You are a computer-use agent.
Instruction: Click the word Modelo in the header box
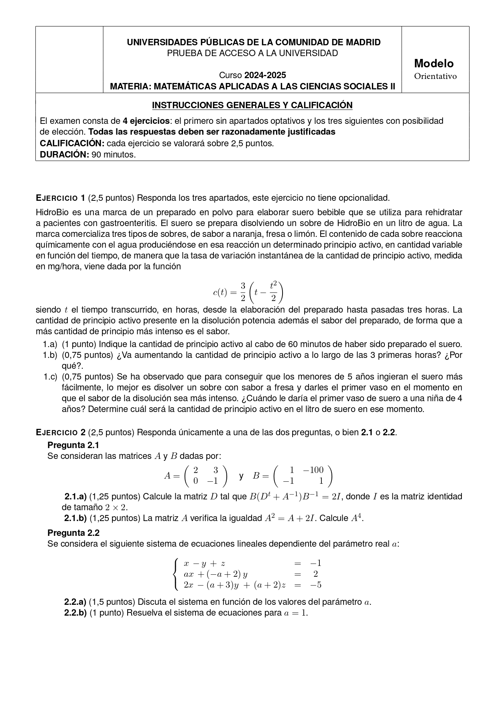(x=434, y=63)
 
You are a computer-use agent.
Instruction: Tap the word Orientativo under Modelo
(x=435, y=76)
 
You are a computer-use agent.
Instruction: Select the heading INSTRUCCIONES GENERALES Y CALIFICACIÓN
(x=252, y=105)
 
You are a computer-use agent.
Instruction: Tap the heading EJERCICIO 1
(x=61, y=198)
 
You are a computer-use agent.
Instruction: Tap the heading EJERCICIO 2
(x=61, y=432)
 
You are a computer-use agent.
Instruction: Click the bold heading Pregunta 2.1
(x=73, y=445)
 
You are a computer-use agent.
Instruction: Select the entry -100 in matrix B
(x=313, y=470)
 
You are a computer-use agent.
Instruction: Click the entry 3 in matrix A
(x=215, y=470)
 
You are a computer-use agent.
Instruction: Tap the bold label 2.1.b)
(x=75, y=518)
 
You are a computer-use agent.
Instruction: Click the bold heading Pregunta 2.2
(x=73, y=533)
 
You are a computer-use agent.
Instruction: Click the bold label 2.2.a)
(x=75, y=602)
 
